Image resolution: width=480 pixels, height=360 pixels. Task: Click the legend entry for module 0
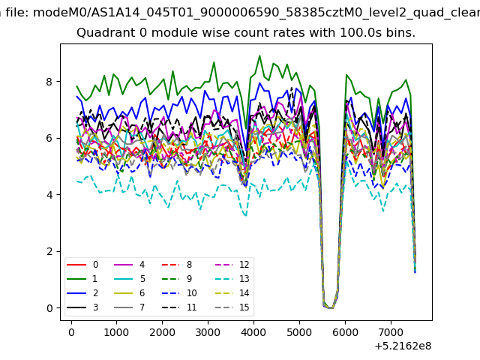pyautogui.click(x=82, y=265)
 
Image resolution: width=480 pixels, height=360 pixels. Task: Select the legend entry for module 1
pyautogui.click(x=82, y=279)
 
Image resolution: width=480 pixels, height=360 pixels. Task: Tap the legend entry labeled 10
pyautogui.click(x=179, y=293)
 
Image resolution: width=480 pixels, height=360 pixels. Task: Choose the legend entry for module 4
pyautogui.click(x=129, y=265)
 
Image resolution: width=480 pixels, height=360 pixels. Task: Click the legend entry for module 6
pyautogui.click(x=129, y=293)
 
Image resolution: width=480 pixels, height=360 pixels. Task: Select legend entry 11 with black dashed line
pyautogui.click(x=179, y=307)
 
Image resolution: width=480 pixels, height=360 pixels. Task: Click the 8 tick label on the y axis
pyautogui.click(x=49, y=82)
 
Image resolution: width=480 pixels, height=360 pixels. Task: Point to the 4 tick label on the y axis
pyautogui.click(x=49, y=195)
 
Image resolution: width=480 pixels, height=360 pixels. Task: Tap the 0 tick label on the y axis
pyautogui.click(x=49, y=308)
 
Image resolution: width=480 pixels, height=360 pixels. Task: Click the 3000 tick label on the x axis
pyautogui.click(x=208, y=332)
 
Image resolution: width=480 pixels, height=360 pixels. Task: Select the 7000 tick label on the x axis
pyautogui.click(x=391, y=332)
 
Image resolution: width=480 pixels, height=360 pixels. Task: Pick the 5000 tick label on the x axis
pyautogui.click(x=299, y=332)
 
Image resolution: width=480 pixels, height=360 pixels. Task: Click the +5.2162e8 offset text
pyautogui.click(x=403, y=346)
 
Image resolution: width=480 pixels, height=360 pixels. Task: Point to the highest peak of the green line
pyautogui.click(x=259, y=55)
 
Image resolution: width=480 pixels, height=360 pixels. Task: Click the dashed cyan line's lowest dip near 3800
pyautogui.click(x=246, y=215)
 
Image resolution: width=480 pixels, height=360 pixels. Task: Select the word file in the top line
pyautogui.click(x=17, y=13)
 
